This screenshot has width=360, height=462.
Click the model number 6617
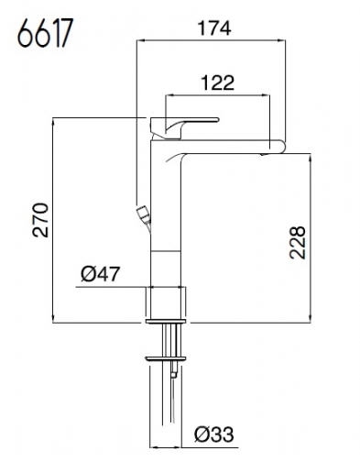pyautogui.click(x=45, y=33)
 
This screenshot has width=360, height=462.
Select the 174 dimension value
pyautogui.click(x=214, y=28)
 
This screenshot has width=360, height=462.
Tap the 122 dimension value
pyautogui.click(x=217, y=82)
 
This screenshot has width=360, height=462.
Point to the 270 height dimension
pyautogui.click(x=40, y=220)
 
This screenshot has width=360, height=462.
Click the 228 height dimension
pyautogui.click(x=298, y=243)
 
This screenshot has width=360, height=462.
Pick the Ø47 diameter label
pyautogui.click(x=100, y=274)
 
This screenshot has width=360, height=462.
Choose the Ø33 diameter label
pyautogui.click(x=214, y=434)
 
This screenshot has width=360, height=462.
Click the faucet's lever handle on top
pyautogui.click(x=184, y=127)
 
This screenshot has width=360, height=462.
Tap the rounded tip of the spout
pyautogui.click(x=281, y=146)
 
